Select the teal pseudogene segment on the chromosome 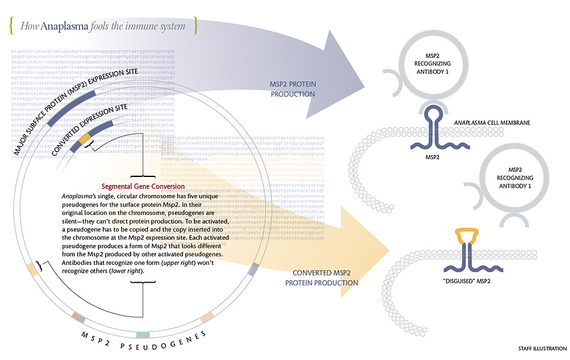(x=142, y=335)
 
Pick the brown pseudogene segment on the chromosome (x=78, y=317)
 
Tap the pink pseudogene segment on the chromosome (x=207, y=317)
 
